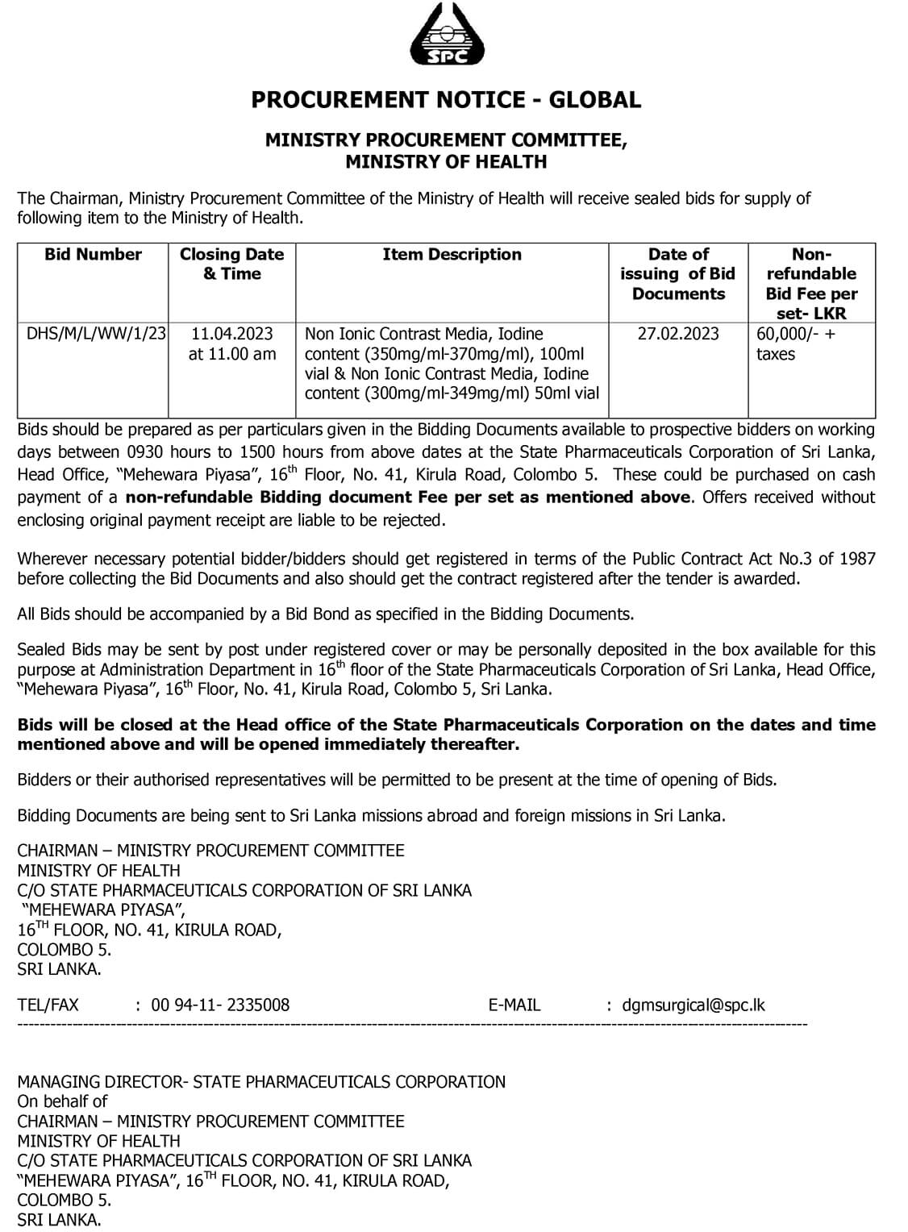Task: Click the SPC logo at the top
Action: pyautogui.click(x=448, y=35)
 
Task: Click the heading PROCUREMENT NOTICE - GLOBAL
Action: pyautogui.click(x=446, y=100)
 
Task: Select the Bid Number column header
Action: pyautogui.click(x=93, y=255)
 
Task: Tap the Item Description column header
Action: pyautogui.click(x=452, y=255)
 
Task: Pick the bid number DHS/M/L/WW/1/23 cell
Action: pyautogui.click(x=97, y=334)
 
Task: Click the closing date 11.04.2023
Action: pyautogui.click(x=232, y=334)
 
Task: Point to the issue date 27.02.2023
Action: pyautogui.click(x=678, y=334)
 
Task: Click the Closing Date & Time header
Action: pyautogui.click(x=232, y=264)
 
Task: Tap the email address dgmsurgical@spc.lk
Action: pyautogui.click(x=693, y=1005)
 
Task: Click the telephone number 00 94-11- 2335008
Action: pyautogui.click(x=220, y=1005)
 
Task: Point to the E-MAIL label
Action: pyautogui.click(x=514, y=1005)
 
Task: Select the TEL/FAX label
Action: pyautogui.click(x=48, y=1005)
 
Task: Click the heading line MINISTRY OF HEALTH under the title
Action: pyautogui.click(x=446, y=162)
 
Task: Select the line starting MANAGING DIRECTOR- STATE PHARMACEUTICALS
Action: pyautogui.click(x=261, y=1082)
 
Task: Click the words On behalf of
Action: pyautogui.click(x=62, y=1101)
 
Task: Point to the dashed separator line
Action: pyautogui.click(x=411, y=1025)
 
